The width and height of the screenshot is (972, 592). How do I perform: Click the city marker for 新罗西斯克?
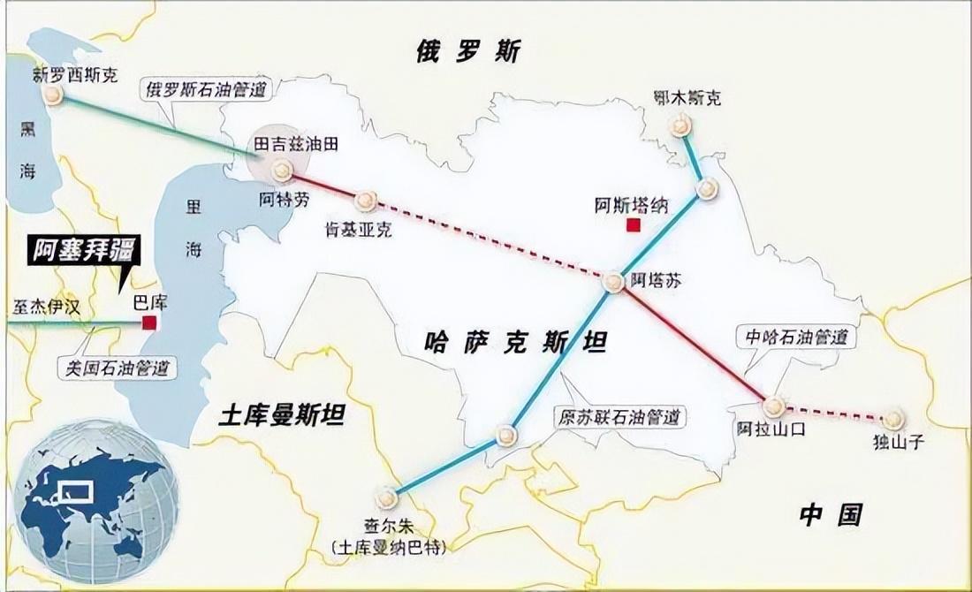coord(53,95)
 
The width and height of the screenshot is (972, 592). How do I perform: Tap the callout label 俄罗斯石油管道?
coord(207,88)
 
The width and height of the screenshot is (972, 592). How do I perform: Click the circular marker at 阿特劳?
coord(282,171)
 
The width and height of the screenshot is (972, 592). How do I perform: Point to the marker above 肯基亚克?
coord(366,201)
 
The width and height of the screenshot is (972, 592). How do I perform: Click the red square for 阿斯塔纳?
coord(633,225)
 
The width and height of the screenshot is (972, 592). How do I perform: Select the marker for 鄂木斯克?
coord(680,125)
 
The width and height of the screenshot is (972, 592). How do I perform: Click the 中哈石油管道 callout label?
coord(795,337)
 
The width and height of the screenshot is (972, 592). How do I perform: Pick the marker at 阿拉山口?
coord(774,406)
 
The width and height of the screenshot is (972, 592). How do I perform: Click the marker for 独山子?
coord(893,419)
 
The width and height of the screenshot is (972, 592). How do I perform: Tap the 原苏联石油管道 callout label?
coord(619,416)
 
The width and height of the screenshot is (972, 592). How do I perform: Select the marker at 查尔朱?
coord(386,498)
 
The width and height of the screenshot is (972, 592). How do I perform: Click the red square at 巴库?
coord(149,323)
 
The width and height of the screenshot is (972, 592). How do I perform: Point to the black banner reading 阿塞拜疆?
coord(80,252)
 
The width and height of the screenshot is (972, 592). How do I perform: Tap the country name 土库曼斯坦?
coord(282,415)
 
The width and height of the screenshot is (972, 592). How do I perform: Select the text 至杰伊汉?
coord(46,307)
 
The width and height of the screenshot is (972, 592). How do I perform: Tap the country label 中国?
coord(830,514)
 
